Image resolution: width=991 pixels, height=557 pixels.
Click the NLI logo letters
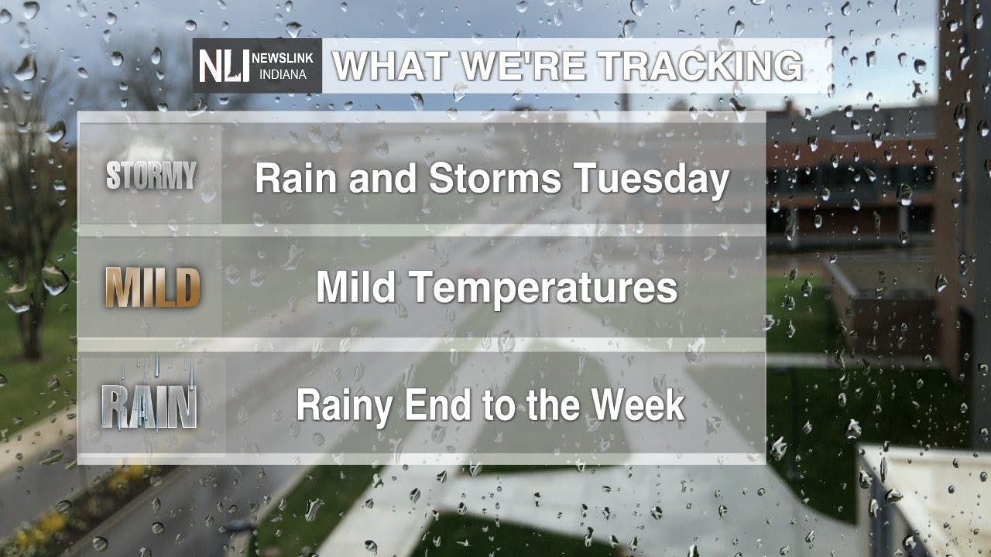click(x=225, y=65)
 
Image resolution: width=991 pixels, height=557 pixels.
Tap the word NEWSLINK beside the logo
click(x=283, y=58)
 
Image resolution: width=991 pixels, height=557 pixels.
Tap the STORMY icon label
click(x=151, y=176)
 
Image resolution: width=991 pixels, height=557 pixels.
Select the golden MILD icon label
click(x=153, y=288)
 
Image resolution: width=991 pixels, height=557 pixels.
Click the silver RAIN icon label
click(x=149, y=405)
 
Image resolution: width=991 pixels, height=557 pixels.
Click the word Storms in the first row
click(x=495, y=179)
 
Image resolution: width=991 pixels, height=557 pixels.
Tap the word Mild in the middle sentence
click(x=357, y=288)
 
